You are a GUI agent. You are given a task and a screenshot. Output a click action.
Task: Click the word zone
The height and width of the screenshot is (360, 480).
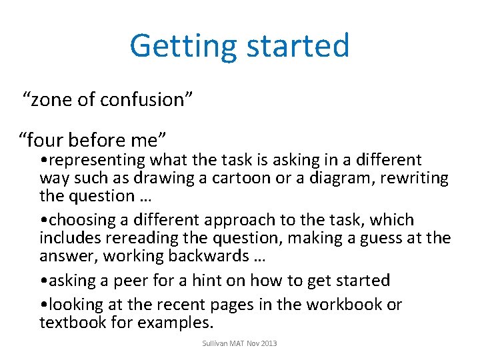pyautogui.click(x=52, y=100)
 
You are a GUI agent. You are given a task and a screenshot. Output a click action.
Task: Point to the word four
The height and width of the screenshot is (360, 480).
pyautogui.click(x=47, y=140)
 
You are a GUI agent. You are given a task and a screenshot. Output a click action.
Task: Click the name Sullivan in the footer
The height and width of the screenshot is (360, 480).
pyautogui.click(x=215, y=343)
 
